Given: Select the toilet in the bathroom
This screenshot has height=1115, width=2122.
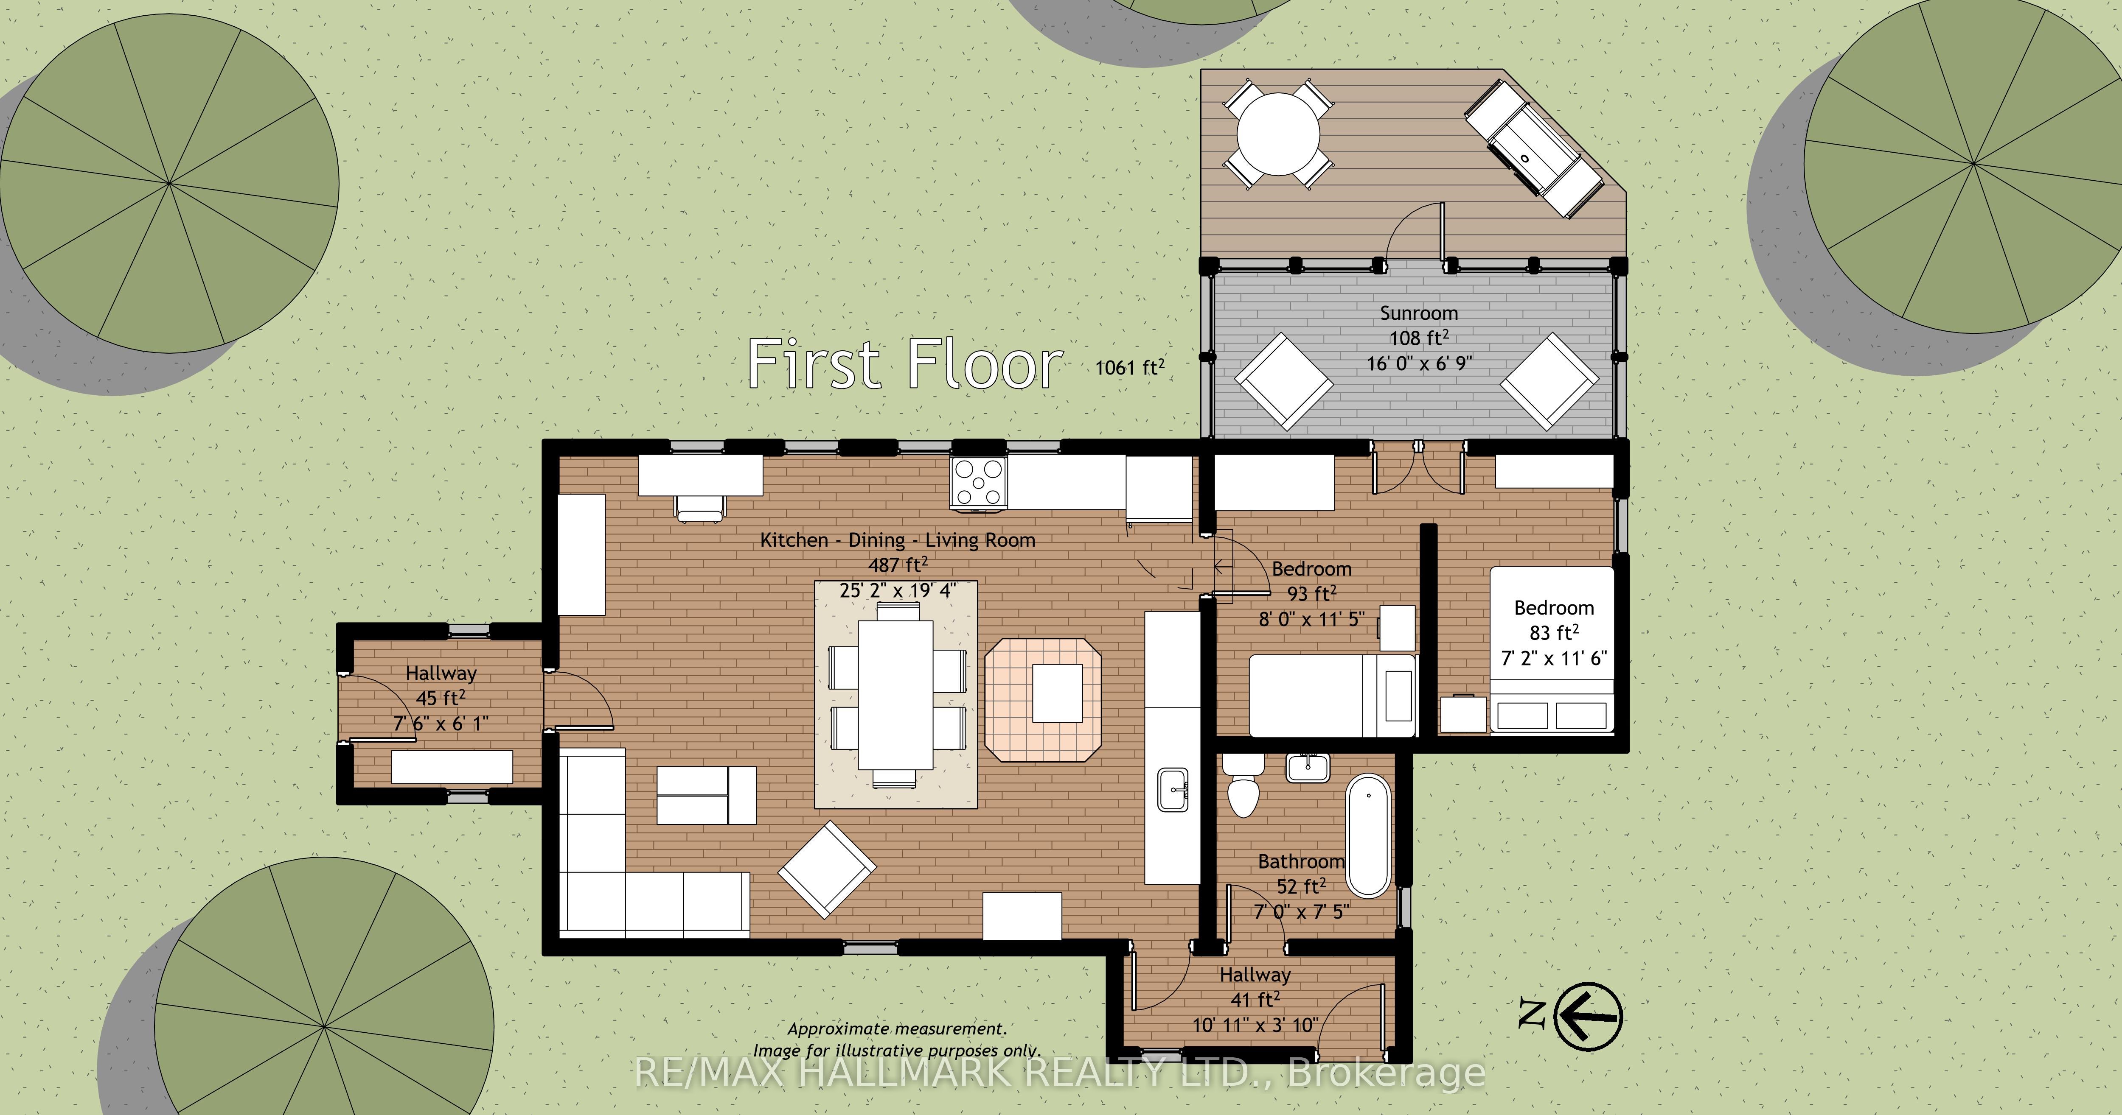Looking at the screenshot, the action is [x=1243, y=785].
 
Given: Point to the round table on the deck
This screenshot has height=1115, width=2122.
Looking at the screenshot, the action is [x=1277, y=134].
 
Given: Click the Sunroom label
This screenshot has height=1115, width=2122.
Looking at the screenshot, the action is [x=1418, y=313].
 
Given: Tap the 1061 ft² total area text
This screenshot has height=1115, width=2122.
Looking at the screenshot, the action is [x=1129, y=366].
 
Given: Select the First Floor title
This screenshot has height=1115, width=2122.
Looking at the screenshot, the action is [x=904, y=364].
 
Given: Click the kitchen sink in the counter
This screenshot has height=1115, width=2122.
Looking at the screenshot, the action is [x=1173, y=790].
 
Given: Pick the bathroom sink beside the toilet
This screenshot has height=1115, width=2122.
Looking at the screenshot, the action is [x=1307, y=767].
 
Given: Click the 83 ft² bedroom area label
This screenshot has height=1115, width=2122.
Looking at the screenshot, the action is [x=1554, y=632].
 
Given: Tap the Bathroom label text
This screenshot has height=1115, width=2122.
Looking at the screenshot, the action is [x=1301, y=861].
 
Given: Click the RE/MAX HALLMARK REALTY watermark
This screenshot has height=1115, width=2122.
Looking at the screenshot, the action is [x=1060, y=1072].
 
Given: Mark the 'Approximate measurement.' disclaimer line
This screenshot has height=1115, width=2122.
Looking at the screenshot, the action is [x=897, y=1028].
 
